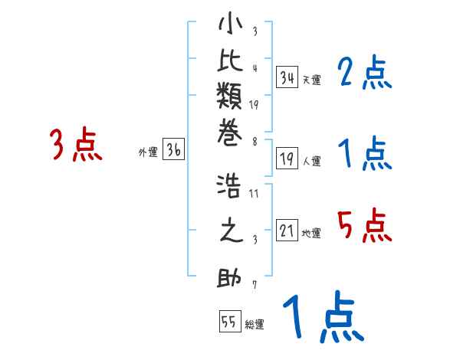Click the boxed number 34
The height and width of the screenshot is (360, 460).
click(x=287, y=77)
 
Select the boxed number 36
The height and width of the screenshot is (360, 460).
click(x=173, y=151)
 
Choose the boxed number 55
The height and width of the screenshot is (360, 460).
click(x=229, y=322)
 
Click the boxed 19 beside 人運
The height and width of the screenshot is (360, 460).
click(x=287, y=159)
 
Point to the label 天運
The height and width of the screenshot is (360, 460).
click(x=310, y=80)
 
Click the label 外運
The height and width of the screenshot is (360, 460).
click(x=147, y=152)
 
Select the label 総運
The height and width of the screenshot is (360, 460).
click(x=254, y=325)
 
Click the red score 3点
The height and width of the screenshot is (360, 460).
click(x=75, y=145)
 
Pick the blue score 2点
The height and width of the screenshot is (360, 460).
click(x=364, y=74)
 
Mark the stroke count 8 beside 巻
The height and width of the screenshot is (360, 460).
click(x=254, y=141)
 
